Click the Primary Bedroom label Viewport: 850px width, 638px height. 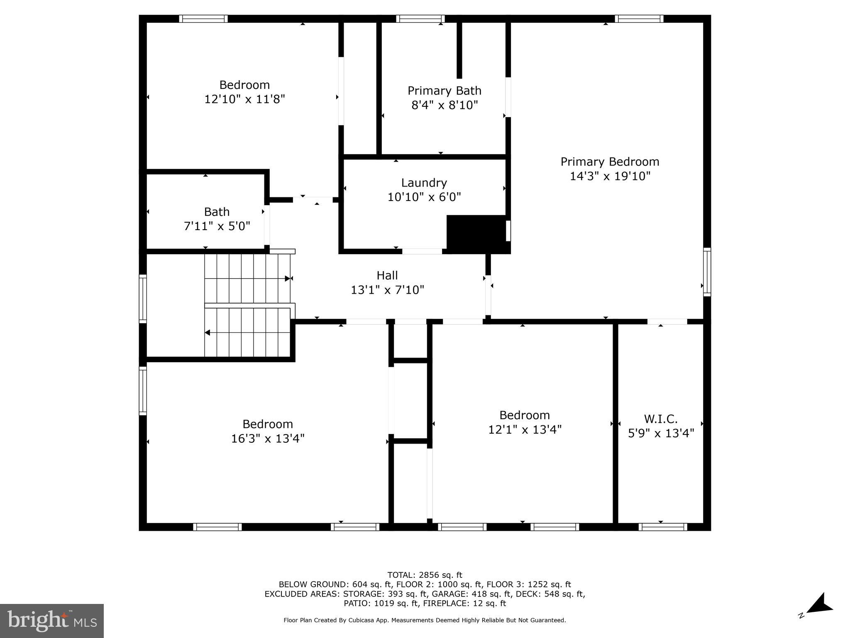609,162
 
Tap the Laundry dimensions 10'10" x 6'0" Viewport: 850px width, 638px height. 424,197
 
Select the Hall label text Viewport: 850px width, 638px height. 387,275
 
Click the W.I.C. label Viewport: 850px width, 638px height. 660,419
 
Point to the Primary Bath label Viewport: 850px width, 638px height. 444,91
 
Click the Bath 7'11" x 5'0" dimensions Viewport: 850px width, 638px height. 217,226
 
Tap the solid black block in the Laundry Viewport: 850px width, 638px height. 476,233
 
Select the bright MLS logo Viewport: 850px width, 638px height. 51,621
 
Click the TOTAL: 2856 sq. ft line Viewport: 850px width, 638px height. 424,575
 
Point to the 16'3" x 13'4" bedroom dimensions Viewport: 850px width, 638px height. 268,439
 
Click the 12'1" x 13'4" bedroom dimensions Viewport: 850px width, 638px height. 525,429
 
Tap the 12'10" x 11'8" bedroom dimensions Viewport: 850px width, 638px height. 244,99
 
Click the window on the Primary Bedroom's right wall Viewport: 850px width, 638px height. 707,272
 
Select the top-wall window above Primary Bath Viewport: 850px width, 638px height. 420,19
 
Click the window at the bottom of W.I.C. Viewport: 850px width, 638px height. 662,527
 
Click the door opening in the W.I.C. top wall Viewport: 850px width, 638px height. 667,321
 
